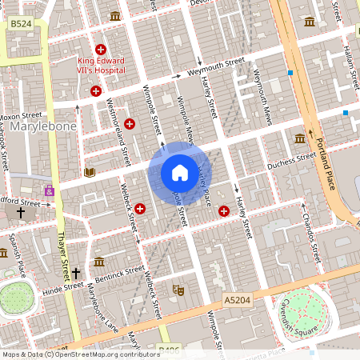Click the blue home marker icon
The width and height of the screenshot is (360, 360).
pyautogui.click(x=179, y=173)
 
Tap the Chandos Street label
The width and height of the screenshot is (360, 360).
pyautogui.click(x=310, y=231)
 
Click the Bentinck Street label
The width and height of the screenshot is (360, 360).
pyautogui.click(x=120, y=275)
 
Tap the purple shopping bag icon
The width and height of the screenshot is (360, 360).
pyautogui.click(x=50, y=191)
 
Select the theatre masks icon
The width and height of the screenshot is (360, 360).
pyautogui.click(x=179, y=290)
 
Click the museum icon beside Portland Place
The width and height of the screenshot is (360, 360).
pyautogui.click(x=299, y=138)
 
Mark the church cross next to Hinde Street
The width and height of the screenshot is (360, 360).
pyautogui.click(x=77, y=272)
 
